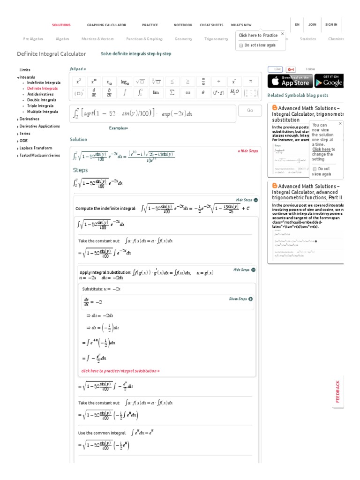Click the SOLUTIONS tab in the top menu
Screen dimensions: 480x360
(x=61, y=25)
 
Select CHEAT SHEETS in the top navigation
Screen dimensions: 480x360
(x=211, y=25)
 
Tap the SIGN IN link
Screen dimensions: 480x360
(x=331, y=24)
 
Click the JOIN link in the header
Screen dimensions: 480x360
(x=312, y=24)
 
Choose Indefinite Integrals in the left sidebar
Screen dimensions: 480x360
(x=44, y=82)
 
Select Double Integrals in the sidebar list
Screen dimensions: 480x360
(x=41, y=100)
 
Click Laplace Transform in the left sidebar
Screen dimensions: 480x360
(x=36, y=148)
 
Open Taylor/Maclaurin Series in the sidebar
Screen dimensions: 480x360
(x=39, y=155)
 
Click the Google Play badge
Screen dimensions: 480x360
(x=329, y=81)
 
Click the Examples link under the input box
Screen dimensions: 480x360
(x=118, y=128)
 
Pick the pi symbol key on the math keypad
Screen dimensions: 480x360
(x=250, y=81)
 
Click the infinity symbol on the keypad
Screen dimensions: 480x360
(x=187, y=93)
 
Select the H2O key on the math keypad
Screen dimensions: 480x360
(x=234, y=93)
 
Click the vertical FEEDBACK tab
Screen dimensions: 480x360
(x=338, y=391)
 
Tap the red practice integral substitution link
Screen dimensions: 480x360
(x=120, y=371)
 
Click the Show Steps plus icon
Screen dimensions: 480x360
(x=251, y=299)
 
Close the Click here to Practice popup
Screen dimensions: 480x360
(x=282, y=34)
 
